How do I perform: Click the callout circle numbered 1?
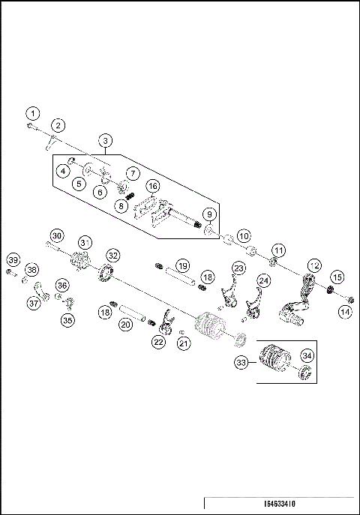point(31,112)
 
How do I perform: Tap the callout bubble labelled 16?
point(152,186)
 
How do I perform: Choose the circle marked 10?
point(244,235)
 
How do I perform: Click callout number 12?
point(313,265)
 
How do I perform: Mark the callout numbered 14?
point(345,310)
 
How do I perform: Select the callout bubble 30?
point(57,234)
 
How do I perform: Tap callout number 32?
point(112,255)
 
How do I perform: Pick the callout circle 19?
point(181,265)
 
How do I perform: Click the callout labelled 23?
point(239,268)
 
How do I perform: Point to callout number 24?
point(263,280)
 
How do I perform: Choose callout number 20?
point(126,324)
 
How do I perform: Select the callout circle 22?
point(158,342)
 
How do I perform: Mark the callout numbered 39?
point(13,259)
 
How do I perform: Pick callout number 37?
point(34,303)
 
